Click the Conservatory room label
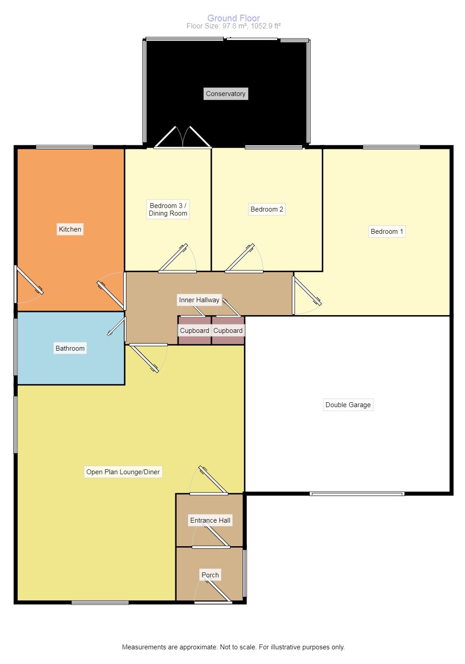pyautogui.click(x=226, y=94)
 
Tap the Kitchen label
pyautogui.click(x=70, y=229)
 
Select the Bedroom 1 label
pyautogui.click(x=387, y=232)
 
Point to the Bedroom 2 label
pyautogui.click(x=267, y=209)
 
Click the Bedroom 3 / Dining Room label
pyautogui.click(x=168, y=209)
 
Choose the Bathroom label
pyautogui.click(x=70, y=348)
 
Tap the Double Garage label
pyautogui.click(x=348, y=404)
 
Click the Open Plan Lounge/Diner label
pyautogui.click(x=123, y=472)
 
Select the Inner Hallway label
pyautogui.click(x=199, y=300)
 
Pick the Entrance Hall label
pyautogui.click(x=210, y=520)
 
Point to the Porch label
pyautogui.click(x=210, y=575)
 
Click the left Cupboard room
pyautogui.click(x=194, y=330)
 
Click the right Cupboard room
pyautogui.click(x=228, y=330)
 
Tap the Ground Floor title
pyautogui.click(x=234, y=18)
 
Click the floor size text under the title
pyautogui.click(x=234, y=26)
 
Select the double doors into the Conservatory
pyautogui.click(x=183, y=137)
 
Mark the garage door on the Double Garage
pyautogui.click(x=357, y=494)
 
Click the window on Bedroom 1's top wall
pyautogui.click(x=392, y=147)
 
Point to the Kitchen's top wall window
pyautogui.click(x=65, y=147)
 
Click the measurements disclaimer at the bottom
pyautogui.click(x=233, y=647)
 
